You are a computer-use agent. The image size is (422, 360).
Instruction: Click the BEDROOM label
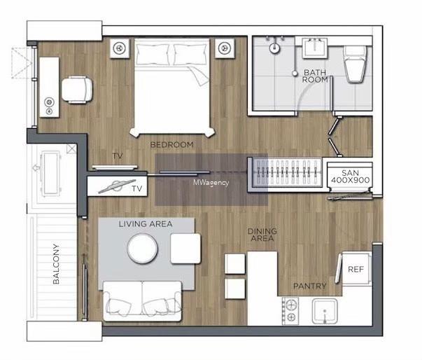[x=171, y=145]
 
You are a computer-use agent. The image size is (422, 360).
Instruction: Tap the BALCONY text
[x=56, y=264]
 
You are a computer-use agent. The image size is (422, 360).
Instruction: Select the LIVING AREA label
[x=146, y=223]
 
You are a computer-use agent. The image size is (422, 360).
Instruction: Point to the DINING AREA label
[x=262, y=235]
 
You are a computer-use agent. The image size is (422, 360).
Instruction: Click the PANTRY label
[x=310, y=286]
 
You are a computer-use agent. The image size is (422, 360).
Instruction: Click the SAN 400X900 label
[x=350, y=176]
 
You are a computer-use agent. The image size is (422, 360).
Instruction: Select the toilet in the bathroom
[x=356, y=64]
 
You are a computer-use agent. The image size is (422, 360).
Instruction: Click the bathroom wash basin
[x=315, y=48]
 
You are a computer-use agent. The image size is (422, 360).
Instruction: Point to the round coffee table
[x=142, y=249]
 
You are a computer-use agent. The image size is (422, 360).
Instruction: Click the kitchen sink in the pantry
[x=325, y=311]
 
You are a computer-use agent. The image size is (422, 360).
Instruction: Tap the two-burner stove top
[x=290, y=311]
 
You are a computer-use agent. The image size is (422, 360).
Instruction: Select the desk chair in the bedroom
[x=77, y=90]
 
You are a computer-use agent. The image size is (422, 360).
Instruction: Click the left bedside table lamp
[x=120, y=48]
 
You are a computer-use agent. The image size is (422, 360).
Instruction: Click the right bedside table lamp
[x=225, y=48]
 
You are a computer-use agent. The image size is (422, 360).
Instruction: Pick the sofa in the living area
[x=142, y=301]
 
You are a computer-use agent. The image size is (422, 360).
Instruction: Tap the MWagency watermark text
[x=211, y=183]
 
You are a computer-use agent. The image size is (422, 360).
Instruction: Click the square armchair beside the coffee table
[x=185, y=249]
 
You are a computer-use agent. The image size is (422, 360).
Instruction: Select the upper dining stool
[x=234, y=263]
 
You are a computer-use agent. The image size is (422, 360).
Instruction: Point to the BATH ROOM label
[x=315, y=76]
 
